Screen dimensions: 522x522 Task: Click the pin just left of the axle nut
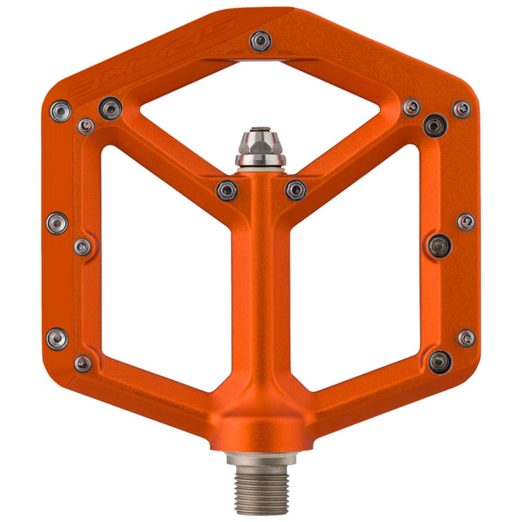coord(226,191)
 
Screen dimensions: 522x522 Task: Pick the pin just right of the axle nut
coord(296,190)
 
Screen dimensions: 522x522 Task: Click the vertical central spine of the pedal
coord(260,294)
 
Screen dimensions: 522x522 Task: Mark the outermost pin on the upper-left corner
coord(60,111)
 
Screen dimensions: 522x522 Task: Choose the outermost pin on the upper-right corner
coord(462,109)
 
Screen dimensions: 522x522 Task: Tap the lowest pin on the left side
coord(83,363)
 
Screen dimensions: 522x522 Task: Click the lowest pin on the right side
coord(439,361)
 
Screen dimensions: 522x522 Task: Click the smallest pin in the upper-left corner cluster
coord(85,126)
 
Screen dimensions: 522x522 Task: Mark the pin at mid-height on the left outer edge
coord(57,223)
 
